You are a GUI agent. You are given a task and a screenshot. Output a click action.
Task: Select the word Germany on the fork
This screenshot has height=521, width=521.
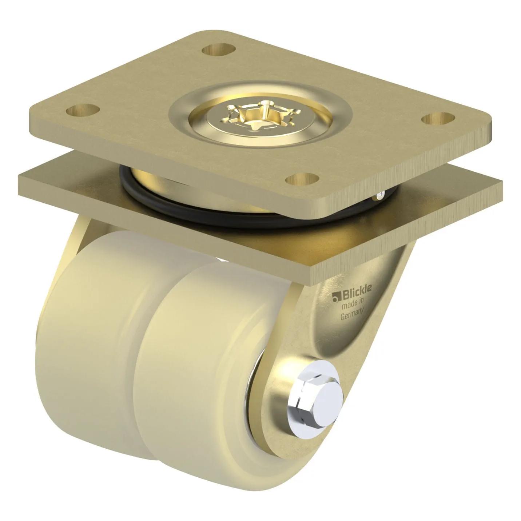pyautogui.click(x=351, y=315)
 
